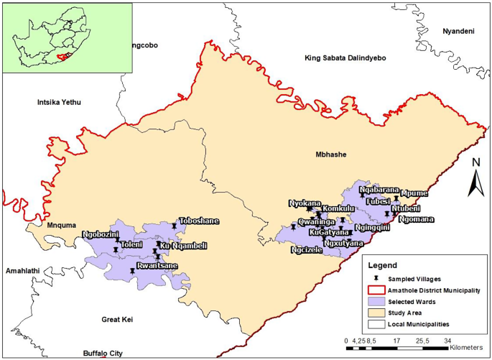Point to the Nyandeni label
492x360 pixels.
point(459,32)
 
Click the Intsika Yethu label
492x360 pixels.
point(59,103)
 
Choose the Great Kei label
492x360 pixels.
point(120,319)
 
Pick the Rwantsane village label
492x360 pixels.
point(157,265)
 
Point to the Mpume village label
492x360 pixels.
point(414,193)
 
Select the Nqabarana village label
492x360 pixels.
point(379,190)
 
